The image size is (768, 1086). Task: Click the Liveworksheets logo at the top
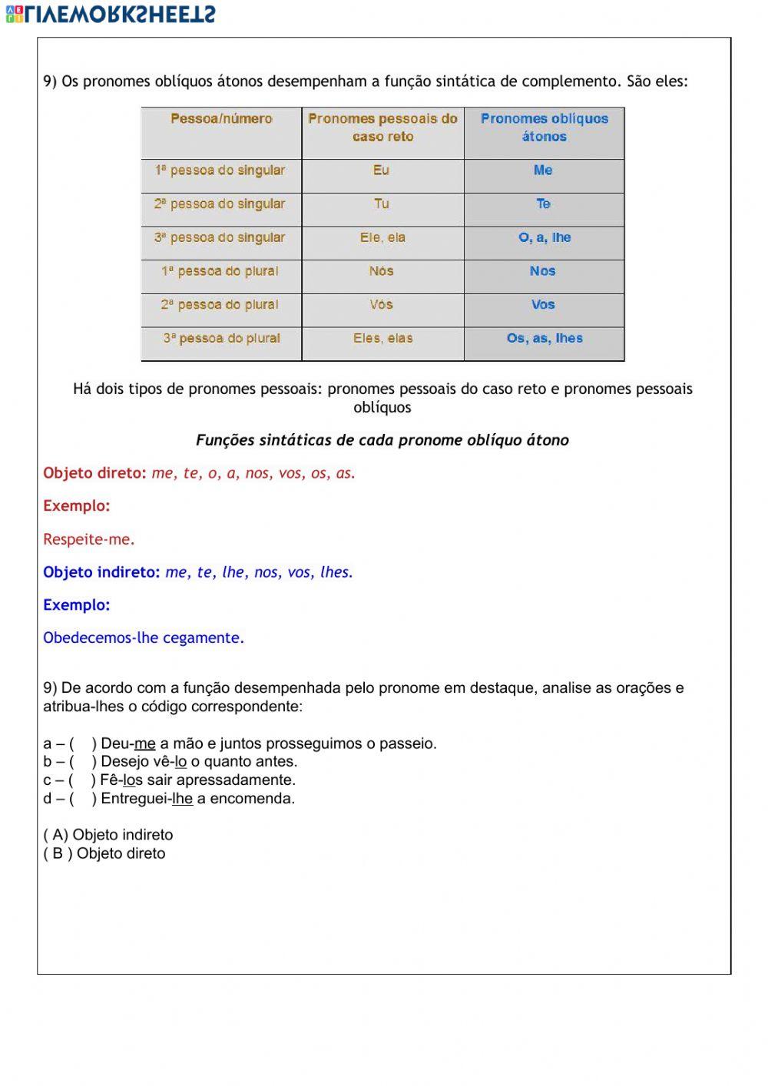point(111,14)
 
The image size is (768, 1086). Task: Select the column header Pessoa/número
point(221,119)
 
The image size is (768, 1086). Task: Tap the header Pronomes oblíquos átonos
point(544,127)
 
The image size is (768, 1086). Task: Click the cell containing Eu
point(382,171)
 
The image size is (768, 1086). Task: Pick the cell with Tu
point(382,204)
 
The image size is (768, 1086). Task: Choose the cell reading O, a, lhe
point(545,238)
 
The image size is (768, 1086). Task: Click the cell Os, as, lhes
point(545,339)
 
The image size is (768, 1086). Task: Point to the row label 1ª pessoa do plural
point(220,271)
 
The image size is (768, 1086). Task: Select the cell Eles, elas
point(382,339)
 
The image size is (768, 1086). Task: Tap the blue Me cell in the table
point(543,171)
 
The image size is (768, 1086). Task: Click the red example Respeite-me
point(89,540)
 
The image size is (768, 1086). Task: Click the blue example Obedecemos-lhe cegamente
point(144,638)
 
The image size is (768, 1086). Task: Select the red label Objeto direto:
point(94,474)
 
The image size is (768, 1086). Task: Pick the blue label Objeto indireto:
point(101,572)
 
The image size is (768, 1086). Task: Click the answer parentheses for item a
point(83,744)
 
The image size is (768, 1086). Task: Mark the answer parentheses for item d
point(83,800)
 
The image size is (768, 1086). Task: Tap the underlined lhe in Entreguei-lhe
point(182,800)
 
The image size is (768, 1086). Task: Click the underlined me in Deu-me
point(144,744)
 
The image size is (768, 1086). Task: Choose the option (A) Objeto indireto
point(108,836)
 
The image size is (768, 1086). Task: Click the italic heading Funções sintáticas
point(382,441)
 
